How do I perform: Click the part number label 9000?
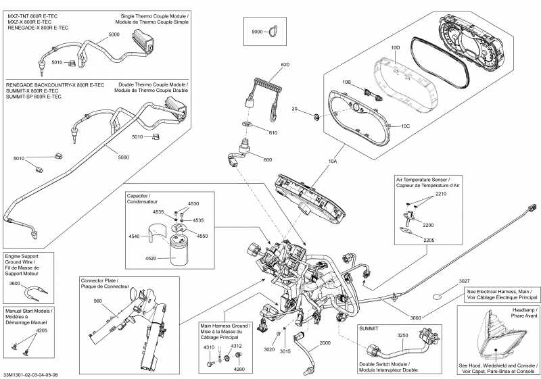click(256, 31)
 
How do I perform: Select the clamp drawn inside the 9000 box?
click(273, 30)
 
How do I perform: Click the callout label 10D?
click(396, 48)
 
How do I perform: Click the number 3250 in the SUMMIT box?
click(402, 335)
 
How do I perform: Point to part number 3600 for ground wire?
click(15, 284)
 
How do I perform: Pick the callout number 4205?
click(41, 331)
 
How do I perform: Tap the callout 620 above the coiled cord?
click(285, 65)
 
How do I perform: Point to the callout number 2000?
click(326, 343)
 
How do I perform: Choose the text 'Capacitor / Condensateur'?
click(143, 199)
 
